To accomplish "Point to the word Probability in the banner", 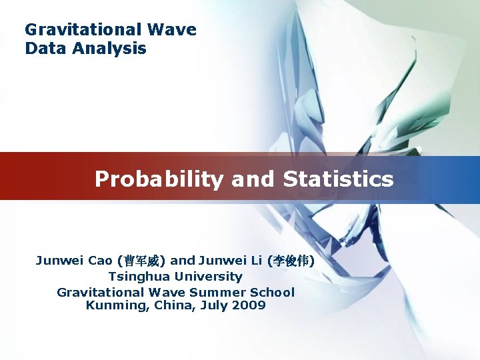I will pyautogui.click(x=160, y=179).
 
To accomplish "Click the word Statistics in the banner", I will pyautogui.click(x=338, y=179).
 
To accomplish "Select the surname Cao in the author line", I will pyautogui.click(x=100, y=260).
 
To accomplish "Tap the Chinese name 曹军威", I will pyautogui.click(x=141, y=260).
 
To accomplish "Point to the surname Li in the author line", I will pyautogui.click(x=255, y=260).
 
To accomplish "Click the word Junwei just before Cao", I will pyautogui.click(x=60, y=260).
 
